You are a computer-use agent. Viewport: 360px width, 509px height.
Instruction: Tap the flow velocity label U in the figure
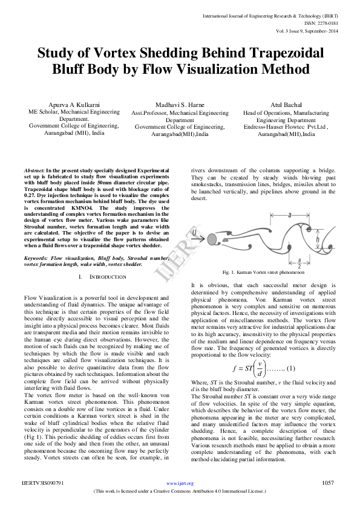click(194, 232)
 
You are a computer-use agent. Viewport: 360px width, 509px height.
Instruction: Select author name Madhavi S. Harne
click(180, 105)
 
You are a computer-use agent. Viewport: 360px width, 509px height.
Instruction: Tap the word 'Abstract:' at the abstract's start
click(34, 172)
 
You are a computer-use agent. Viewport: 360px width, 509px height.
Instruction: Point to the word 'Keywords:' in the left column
click(36, 258)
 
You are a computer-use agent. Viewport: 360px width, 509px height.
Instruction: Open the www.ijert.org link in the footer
click(180, 484)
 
